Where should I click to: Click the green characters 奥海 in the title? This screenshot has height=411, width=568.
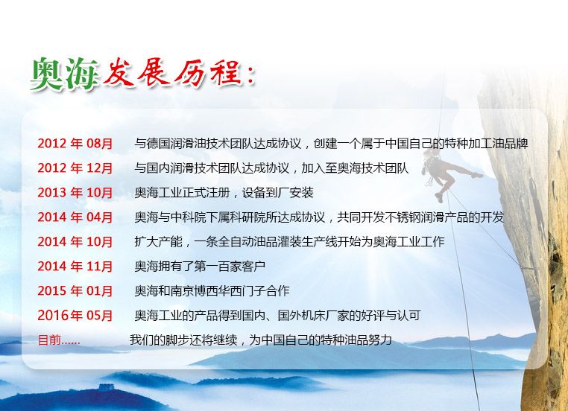tap(65, 74)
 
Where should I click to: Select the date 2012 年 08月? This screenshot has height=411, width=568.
tap(75, 144)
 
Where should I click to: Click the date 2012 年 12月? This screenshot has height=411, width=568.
tap(75, 168)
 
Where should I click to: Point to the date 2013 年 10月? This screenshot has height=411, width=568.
tap(75, 193)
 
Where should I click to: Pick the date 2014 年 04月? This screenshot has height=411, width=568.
tap(75, 217)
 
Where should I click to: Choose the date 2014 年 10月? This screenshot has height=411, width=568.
tap(75, 242)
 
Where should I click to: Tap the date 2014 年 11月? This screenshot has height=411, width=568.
tap(75, 267)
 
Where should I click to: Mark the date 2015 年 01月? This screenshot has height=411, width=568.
tap(75, 291)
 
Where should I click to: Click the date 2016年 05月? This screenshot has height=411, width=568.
tap(75, 316)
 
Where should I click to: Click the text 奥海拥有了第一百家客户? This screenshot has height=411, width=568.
tap(200, 267)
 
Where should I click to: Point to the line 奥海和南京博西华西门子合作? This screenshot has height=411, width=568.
tap(212, 291)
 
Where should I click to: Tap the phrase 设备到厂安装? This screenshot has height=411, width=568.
tap(277, 193)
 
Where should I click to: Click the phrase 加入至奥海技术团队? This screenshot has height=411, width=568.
tap(355, 168)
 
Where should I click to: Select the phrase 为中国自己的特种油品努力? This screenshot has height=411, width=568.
tap(321, 340)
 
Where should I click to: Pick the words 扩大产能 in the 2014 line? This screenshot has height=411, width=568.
tap(158, 242)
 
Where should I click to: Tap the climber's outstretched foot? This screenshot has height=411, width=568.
tap(478, 176)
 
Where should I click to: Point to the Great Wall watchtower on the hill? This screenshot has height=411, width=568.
tap(105, 387)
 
